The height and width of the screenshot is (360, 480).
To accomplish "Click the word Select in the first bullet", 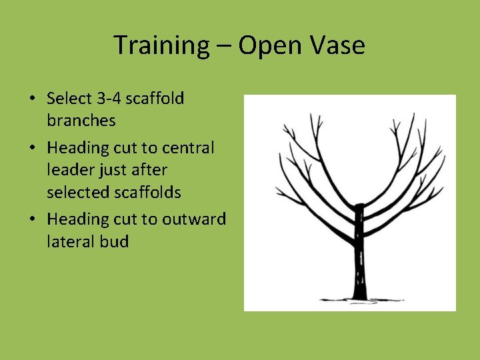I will pos(69,99).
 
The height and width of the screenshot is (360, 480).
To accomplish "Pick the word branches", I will pos(81,121).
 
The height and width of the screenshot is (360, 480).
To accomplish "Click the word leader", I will pos(70,170).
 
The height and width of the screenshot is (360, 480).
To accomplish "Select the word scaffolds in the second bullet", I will pos(147,193).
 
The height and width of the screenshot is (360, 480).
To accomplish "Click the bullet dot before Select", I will pos(32,99).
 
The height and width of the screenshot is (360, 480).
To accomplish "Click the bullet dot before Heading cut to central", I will pos(32,148).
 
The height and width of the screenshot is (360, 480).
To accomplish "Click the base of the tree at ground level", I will pos(359,298).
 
